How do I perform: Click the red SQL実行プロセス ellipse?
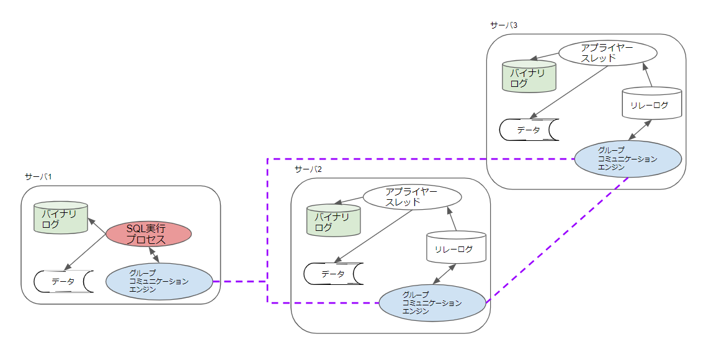[148, 235]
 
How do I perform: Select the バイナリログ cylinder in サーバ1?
[61, 218]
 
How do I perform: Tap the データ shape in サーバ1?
[63, 281]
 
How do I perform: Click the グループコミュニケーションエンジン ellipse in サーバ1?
[159, 281]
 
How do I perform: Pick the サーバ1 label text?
[38, 177]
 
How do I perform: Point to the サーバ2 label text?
[308, 169]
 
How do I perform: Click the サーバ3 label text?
[503, 25]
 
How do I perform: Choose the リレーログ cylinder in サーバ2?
[456, 248]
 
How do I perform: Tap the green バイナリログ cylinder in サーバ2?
[334, 221]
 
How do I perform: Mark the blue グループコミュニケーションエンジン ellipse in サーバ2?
[432, 303]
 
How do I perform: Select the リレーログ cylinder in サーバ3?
[651, 104]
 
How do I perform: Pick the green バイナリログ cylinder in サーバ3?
[529, 77]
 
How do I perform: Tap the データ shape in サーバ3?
[529, 130]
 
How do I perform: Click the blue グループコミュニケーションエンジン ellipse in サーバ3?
[628, 159]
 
